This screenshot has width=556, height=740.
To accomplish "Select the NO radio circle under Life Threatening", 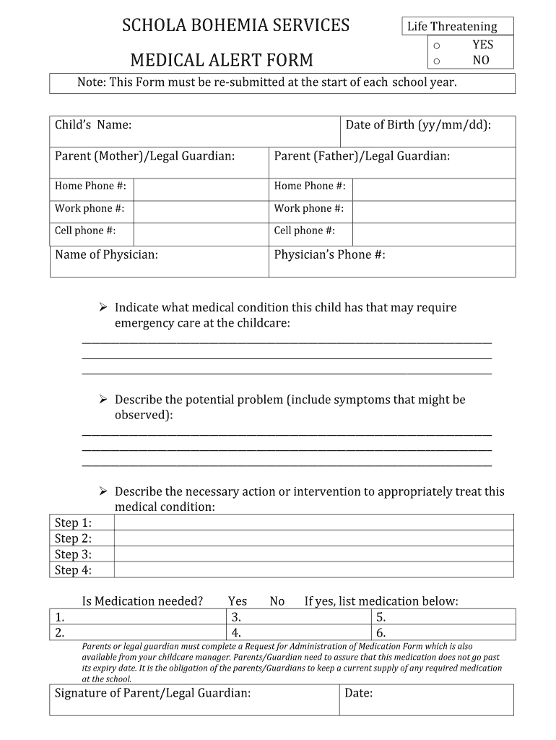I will pyautogui.click(x=436, y=61).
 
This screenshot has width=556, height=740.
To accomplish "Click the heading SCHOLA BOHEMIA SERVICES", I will pyautogui.click(x=235, y=26).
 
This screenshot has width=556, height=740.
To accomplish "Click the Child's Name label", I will pyautogui.click(x=93, y=125).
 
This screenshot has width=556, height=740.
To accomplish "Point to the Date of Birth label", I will pyautogui.click(x=418, y=125).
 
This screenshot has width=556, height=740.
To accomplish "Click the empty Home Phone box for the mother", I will pyautogui.click(x=201, y=186).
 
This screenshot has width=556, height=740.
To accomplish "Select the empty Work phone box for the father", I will pyautogui.click(x=433, y=209).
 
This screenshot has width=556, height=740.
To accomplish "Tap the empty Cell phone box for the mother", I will pyautogui.click(x=201, y=231).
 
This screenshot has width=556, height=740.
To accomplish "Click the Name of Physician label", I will pyautogui.click(x=107, y=254).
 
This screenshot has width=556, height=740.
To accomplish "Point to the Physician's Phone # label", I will pyautogui.click(x=329, y=254).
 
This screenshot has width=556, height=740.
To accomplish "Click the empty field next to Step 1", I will pyautogui.click(x=314, y=522).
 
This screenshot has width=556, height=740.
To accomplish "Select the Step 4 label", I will pyautogui.click(x=74, y=570).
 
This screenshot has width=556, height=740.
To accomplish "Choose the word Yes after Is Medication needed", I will pyautogui.click(x=238, y=601).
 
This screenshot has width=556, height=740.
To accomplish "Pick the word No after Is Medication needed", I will pyautogui.click(x=277, y=601).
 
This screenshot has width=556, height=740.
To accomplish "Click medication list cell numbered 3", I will pyautogui.click(x=299, y=617).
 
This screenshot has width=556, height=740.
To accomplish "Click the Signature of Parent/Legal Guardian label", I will pyautogui.click(x=153, y=693).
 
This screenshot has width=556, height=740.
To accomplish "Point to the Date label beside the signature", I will pyautogui.click(x=359, y=693).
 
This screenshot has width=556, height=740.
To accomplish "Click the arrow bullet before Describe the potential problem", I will pyautogui.click(x=103, y=400).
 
